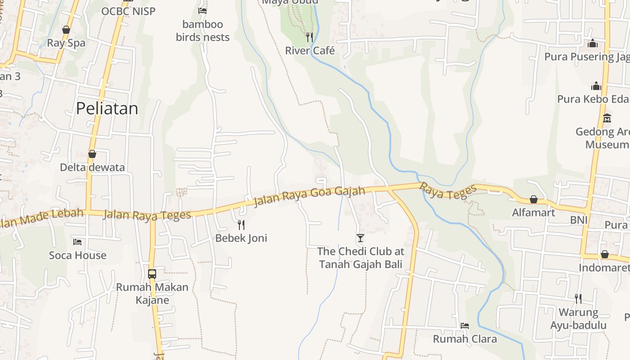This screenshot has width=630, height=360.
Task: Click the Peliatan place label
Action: (x=107, y=108)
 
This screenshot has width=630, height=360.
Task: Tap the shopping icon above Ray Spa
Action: (x=66, y=30)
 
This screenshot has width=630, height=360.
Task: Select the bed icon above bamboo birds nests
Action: (x=202, y=10)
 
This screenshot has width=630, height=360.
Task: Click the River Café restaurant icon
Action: (x=310, y=37)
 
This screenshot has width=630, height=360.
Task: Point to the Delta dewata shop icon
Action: (x=92, y=154)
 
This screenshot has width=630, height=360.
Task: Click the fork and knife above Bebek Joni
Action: (x=241, y=224)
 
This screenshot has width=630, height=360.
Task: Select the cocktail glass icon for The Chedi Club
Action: (x=360, y=238)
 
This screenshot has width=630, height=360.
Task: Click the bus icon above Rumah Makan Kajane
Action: (x=152, y=273)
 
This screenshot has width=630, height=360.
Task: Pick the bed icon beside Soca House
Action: (x=77, y=242)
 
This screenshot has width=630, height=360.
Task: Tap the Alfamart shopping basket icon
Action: (x=534, y=199)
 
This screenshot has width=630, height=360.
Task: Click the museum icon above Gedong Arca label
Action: (x=607, y=118)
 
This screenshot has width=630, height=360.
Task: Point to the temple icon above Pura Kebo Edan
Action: (x=596, y=85)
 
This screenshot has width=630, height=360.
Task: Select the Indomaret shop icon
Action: (x=605, y=254)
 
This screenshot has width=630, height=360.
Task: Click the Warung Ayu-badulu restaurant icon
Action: (x=578, y=298)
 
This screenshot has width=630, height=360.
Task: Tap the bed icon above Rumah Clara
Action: (x=465, y=325)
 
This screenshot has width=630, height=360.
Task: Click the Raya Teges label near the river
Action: (x=448, y=191)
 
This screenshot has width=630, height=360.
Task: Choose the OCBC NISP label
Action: (x=128, y=11)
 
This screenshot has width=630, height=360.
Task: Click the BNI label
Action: (x=579, y=220)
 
